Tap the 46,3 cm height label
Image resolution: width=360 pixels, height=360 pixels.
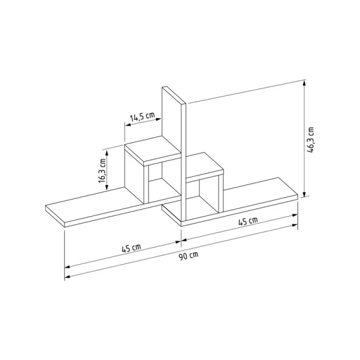(311, 139)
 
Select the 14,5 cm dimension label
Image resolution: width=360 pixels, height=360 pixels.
(142, 117)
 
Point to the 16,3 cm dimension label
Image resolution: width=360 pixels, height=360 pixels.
(102, 170)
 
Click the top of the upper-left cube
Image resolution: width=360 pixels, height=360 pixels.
(151, 150)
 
